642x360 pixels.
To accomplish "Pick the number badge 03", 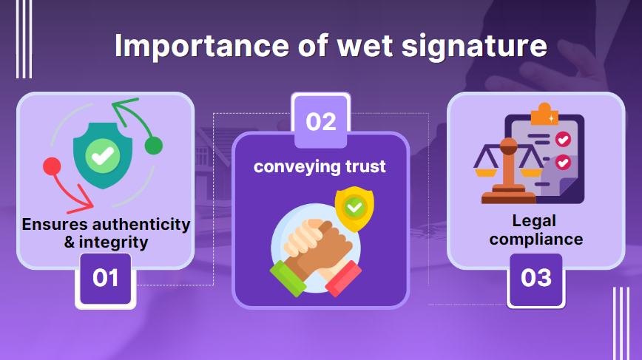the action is [535, 278].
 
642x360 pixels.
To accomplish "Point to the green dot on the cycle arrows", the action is [153, 146].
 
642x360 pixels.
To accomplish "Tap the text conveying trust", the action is [320, 166].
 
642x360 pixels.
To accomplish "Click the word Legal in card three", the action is [534, 221].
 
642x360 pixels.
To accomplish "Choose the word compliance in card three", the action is [535, 239].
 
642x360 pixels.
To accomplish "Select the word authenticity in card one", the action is [135, 224].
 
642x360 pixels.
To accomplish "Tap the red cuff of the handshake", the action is [344, 279].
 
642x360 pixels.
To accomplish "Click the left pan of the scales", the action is [486, 172].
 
